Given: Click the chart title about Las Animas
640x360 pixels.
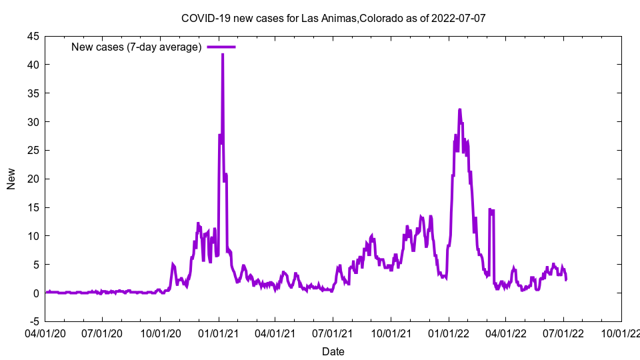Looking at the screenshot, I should tap(333, 17).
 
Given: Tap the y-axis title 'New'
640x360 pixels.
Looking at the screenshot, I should tap(11, 179).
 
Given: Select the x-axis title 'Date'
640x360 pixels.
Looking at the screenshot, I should tap(333, 351).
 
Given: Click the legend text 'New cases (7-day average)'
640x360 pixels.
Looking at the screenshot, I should tap(136, 47).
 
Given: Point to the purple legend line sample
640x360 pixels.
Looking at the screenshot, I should tap(221, 47).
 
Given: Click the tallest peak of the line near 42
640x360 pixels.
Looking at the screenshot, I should tap(223, 54).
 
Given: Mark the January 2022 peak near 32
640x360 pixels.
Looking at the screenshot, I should tap(459, 110).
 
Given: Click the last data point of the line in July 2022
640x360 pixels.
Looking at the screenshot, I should tap(566, 279).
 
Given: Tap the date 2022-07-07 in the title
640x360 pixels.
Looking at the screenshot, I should tap(460, 17).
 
